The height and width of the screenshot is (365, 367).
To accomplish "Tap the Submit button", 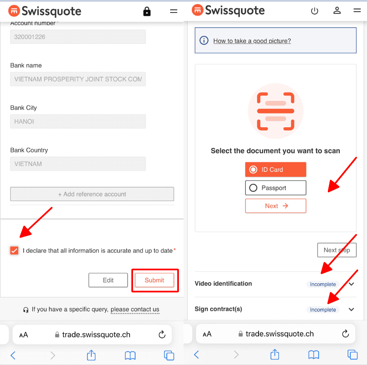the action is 154,280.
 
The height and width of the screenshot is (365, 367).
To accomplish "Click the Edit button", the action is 108,280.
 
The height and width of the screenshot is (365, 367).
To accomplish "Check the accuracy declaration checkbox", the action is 14,251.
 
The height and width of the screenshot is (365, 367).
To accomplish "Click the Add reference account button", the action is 92,194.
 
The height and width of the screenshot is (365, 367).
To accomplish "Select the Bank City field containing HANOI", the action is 78,121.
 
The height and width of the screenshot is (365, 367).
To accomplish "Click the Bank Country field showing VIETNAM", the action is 78,164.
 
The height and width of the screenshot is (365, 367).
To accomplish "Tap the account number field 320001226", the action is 78,37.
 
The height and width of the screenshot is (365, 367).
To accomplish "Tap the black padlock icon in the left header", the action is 147,11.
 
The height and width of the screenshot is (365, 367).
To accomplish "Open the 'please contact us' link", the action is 135,309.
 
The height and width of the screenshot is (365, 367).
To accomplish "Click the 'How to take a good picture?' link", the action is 252,41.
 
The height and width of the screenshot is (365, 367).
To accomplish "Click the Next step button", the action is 337,250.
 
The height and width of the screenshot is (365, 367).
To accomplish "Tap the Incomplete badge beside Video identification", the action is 323,284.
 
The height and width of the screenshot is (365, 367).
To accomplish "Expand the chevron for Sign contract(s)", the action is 351,310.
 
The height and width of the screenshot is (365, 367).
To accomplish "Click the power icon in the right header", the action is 314,11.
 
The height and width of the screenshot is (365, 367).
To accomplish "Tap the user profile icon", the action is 337,10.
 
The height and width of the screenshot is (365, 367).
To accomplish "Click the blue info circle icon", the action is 204,40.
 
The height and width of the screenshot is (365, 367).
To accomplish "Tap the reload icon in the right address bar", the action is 345,334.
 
